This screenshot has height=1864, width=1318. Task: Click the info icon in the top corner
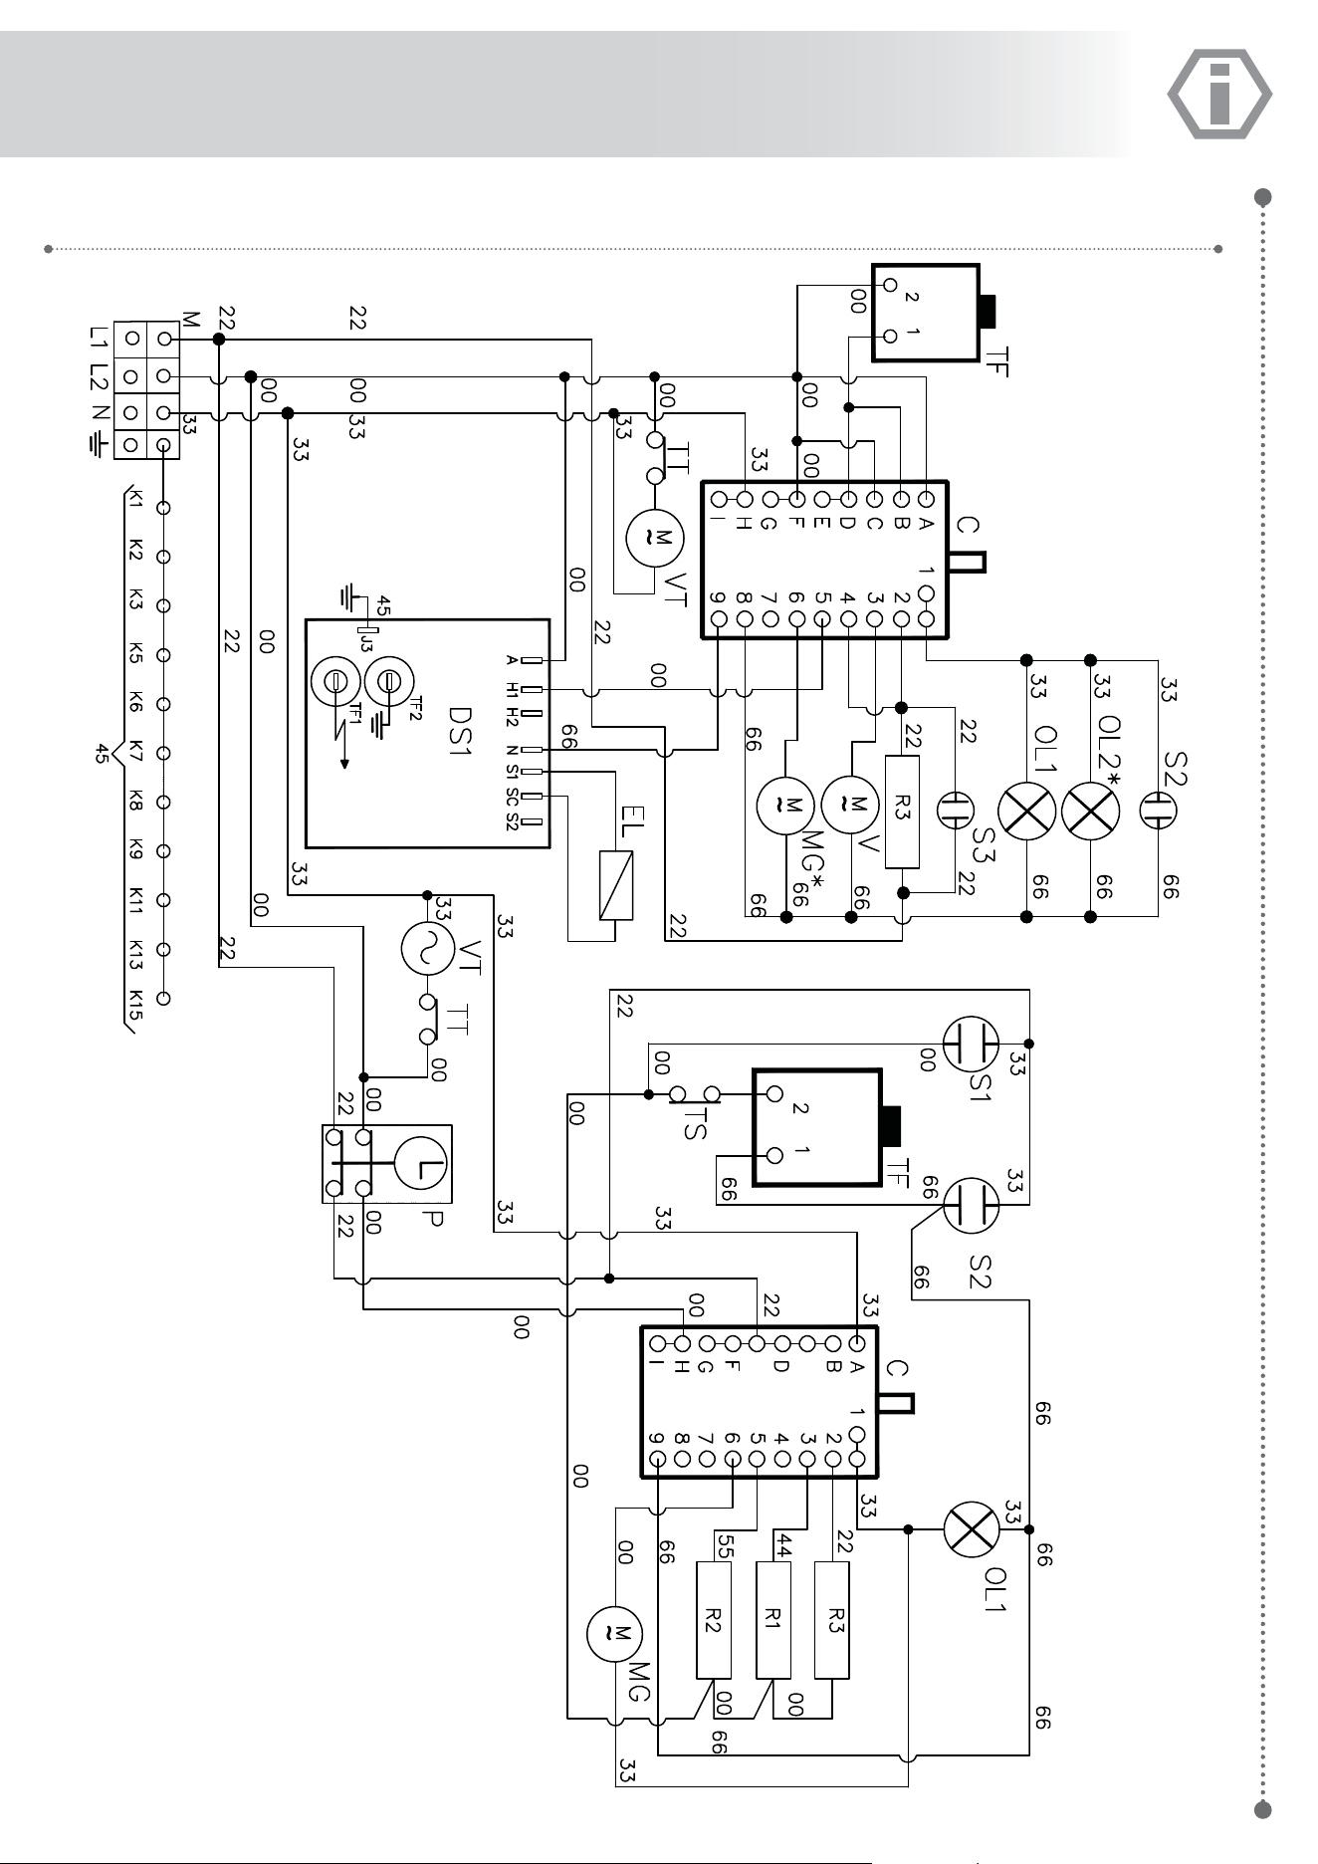tap(1218, 95)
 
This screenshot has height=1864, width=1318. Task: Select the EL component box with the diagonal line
tap(616, 884)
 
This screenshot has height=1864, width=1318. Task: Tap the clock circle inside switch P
tap(423, 1164)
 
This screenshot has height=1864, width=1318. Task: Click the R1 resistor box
tap(773, 1620)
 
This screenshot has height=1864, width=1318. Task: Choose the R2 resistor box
tap(714, 1620)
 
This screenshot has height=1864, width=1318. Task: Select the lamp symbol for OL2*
tap(1091, 813)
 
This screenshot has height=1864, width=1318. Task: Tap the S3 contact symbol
tap(955, 809)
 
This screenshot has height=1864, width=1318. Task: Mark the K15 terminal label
tap(136, 999)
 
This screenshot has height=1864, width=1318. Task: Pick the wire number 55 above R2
tap(724, 1545)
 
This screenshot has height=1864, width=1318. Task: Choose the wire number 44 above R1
tap(783, 1545)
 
